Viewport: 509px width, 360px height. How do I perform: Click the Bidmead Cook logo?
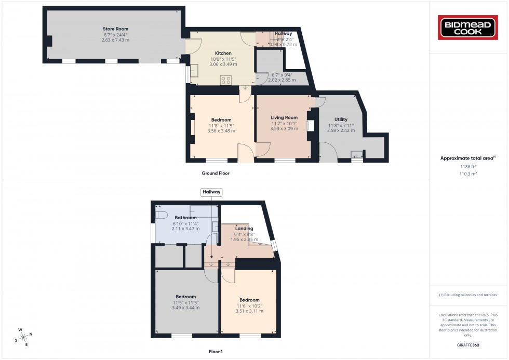coord(468,28)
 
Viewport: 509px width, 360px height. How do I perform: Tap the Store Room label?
coord(115,29)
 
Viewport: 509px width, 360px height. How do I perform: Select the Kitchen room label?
coord(223,53)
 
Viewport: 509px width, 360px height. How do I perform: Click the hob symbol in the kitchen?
coord(226,80)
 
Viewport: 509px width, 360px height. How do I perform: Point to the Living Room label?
coord(284,117)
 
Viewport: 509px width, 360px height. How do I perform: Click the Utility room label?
coord(341,119)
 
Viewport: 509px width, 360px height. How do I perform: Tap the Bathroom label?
coord(185,218)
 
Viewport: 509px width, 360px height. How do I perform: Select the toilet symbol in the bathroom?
coord(161,215)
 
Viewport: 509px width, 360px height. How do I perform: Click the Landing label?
coord(244,229)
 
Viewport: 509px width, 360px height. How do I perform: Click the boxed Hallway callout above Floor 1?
coord(212,192)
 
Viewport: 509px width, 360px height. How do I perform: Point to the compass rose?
coord(24,337)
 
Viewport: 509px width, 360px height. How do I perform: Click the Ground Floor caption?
coord(216,174)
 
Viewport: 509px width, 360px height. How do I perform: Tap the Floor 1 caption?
coord(215,352)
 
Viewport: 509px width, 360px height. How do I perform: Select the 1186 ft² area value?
coord(468,167)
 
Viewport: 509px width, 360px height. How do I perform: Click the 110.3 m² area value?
coord(468,175)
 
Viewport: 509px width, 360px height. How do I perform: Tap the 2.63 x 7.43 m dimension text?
coord(115,40)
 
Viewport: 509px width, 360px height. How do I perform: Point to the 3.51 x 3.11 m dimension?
coord(249,311)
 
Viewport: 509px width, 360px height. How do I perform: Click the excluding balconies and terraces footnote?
coord(468,295)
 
